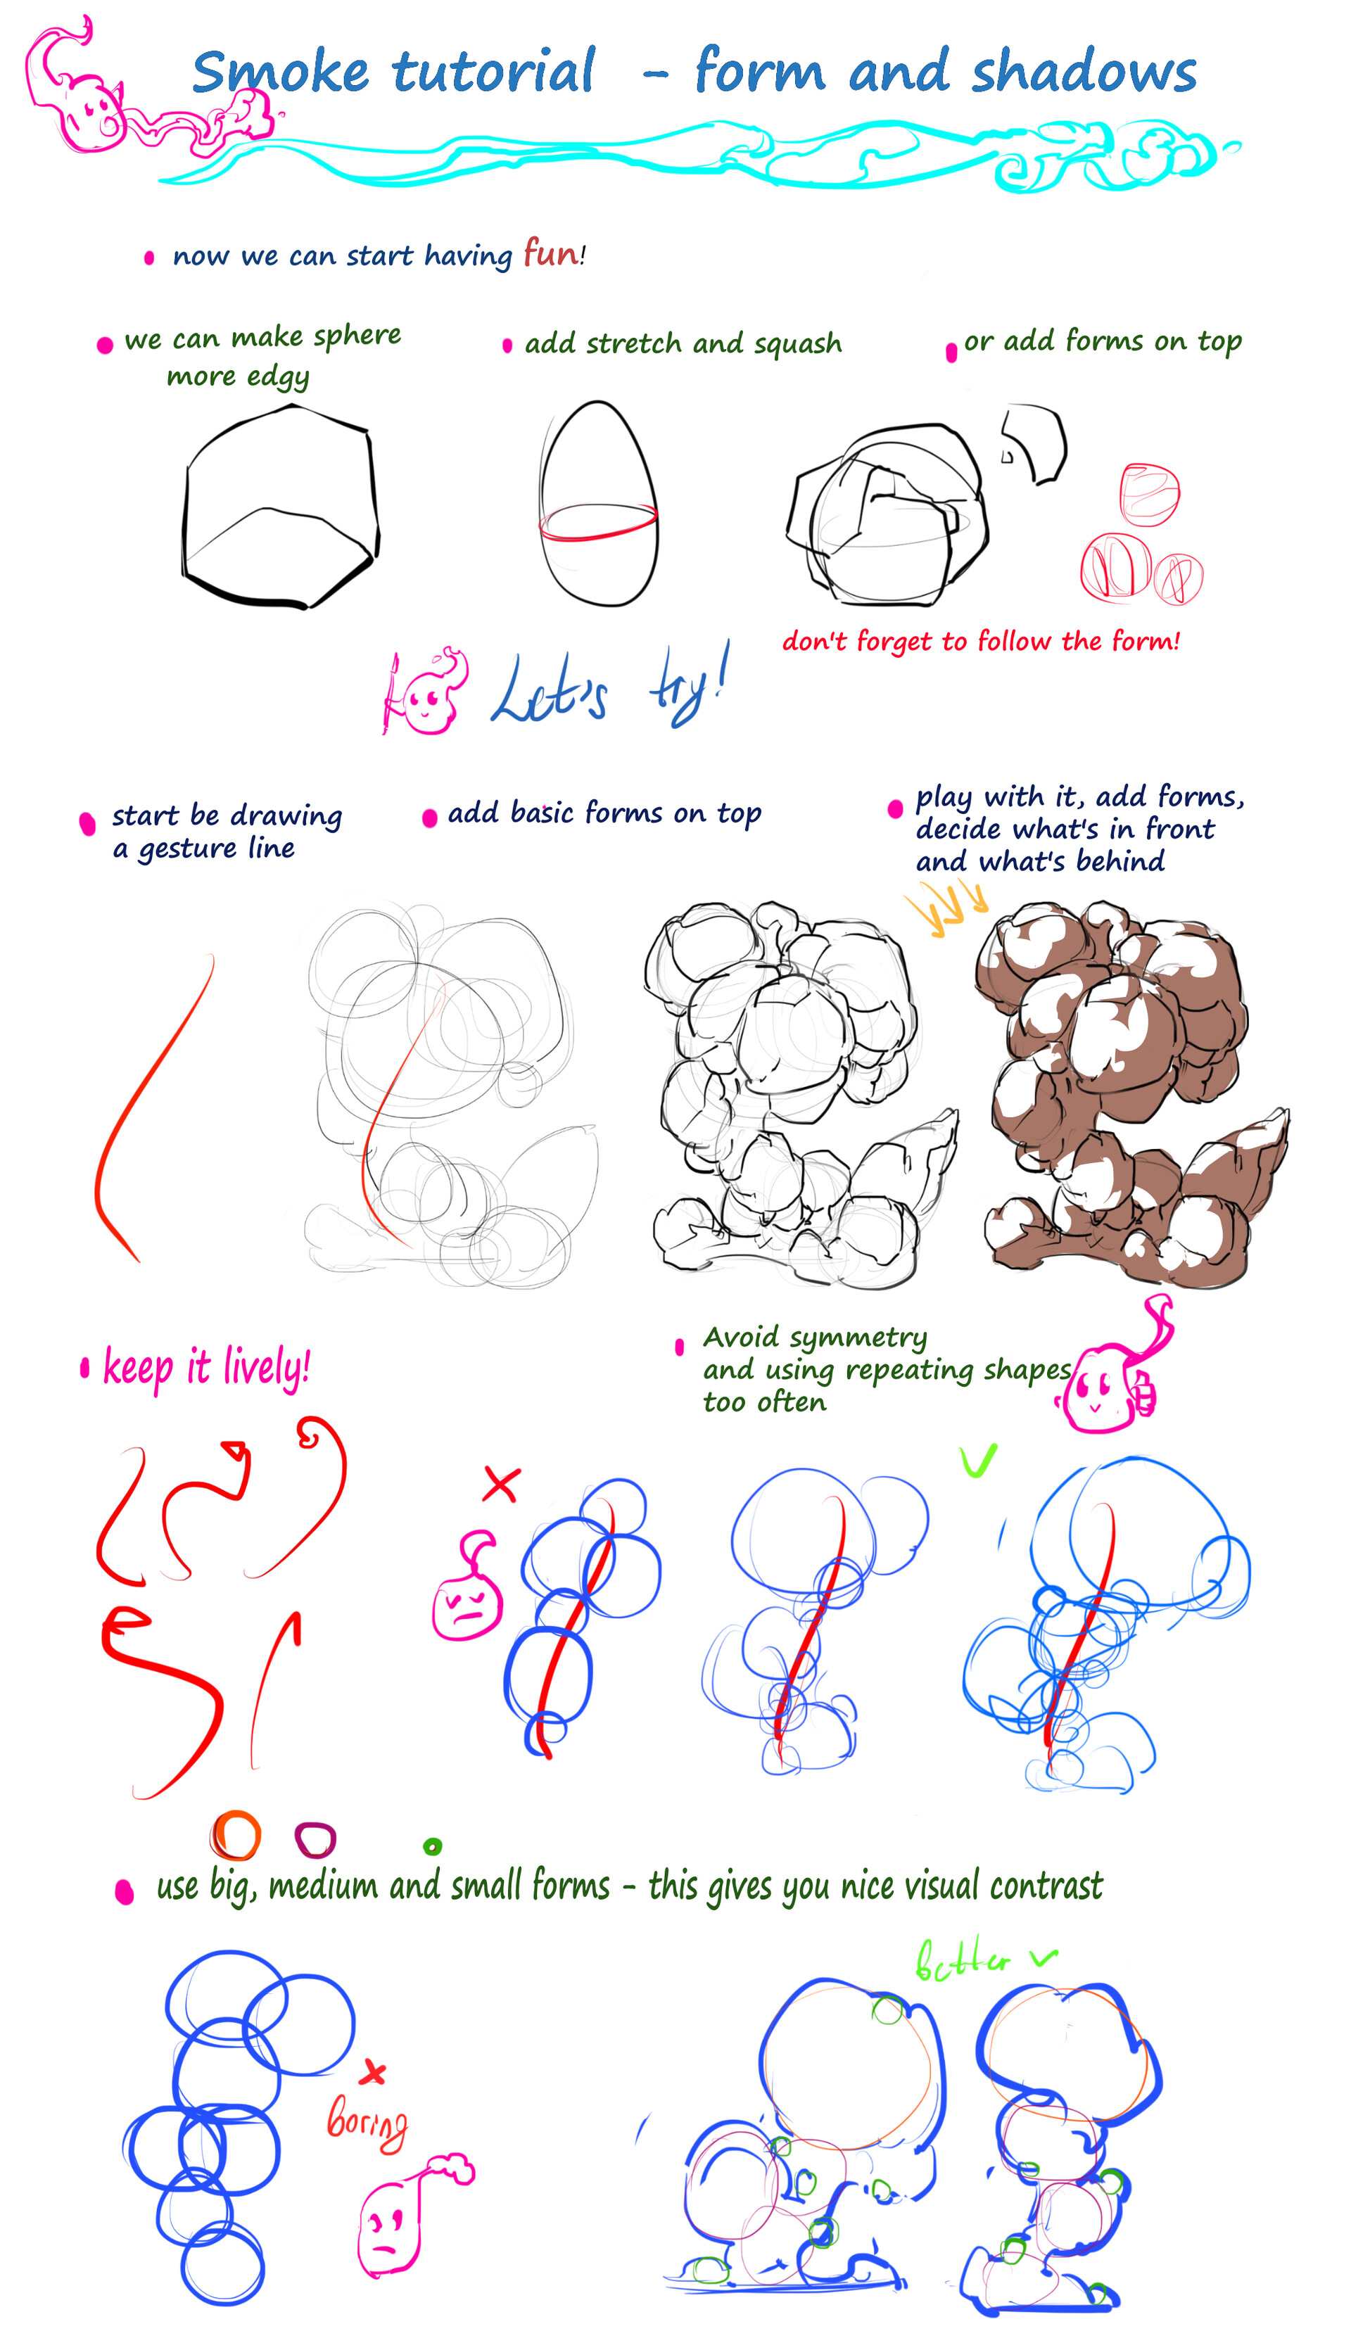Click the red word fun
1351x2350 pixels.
pyautogui.click(x=550, y=253)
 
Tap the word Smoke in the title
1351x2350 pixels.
pyautogui.click(x=279, y=72)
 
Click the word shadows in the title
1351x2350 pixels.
pyautogui.click(x=1083, y=72)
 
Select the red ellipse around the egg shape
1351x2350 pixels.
pyautogui.click(x=599, y=521)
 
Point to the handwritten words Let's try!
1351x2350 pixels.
pyautogui.click(x=608, y=691)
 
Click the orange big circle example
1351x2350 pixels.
pyautogui.click(x=236, y=1835)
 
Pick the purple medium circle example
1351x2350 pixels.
pyautogui.click(x=315, y=1838)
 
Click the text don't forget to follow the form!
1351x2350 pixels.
pyautogui.click(x=980, y=641)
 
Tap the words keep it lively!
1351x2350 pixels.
pyautogui.click(x=206, y=1368)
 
